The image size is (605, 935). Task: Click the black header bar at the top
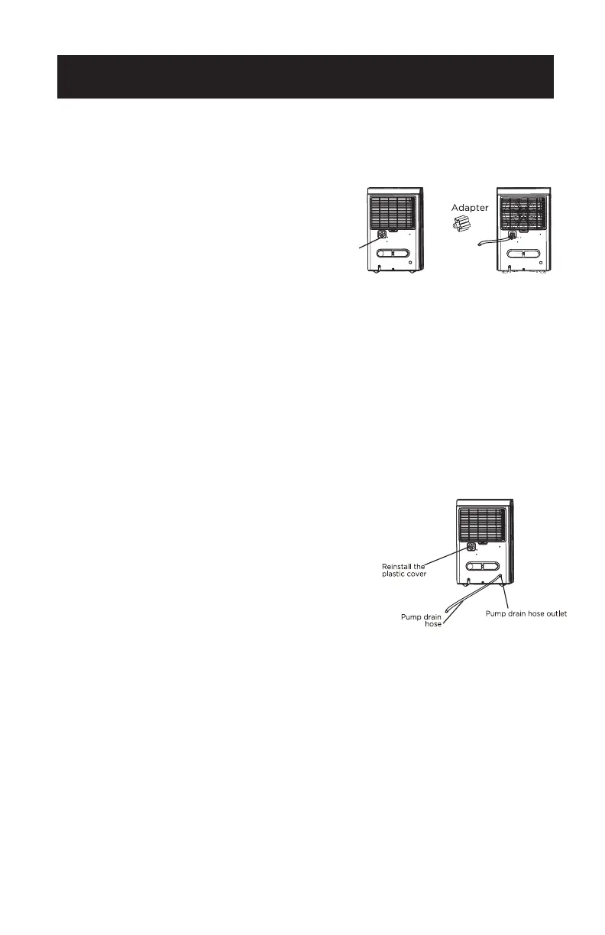[305, 77]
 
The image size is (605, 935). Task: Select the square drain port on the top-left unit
[381, 235]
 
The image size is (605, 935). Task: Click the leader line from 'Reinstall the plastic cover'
[455, 556]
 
